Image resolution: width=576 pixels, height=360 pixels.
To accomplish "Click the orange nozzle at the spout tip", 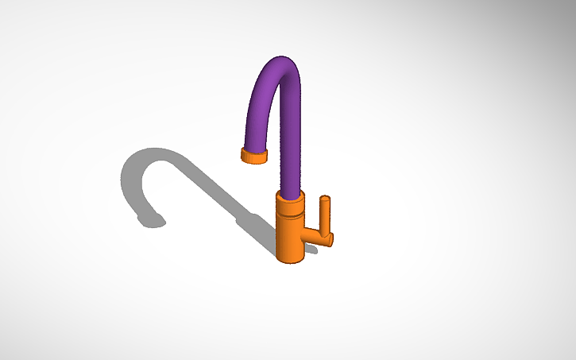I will point(253,154).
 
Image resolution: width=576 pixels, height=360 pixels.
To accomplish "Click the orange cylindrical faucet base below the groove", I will point(291,238).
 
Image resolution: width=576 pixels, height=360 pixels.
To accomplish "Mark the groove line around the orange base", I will point(291,215).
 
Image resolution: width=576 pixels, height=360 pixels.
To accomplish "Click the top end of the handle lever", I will point(325,198).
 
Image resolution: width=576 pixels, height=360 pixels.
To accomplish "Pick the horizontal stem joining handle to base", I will point(314,236).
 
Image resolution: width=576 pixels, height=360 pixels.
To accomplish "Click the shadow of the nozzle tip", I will point(150,220).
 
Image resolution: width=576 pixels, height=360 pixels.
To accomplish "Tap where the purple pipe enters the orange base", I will point(292,194).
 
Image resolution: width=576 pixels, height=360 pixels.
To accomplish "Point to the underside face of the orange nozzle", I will point(252,161).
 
